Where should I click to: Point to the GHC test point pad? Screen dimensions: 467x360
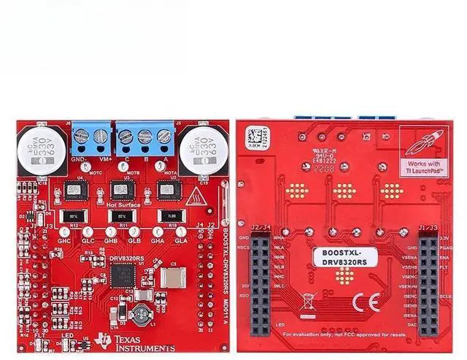pyautogui.click(x=64, y=231)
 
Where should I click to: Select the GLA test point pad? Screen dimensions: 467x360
pyautogui.click(x=181, y=231)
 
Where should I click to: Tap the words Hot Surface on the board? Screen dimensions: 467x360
pyautogui.click(x=121, y=206)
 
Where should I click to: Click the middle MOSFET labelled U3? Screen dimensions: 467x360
pyautogui.click(x=121, y=191)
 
